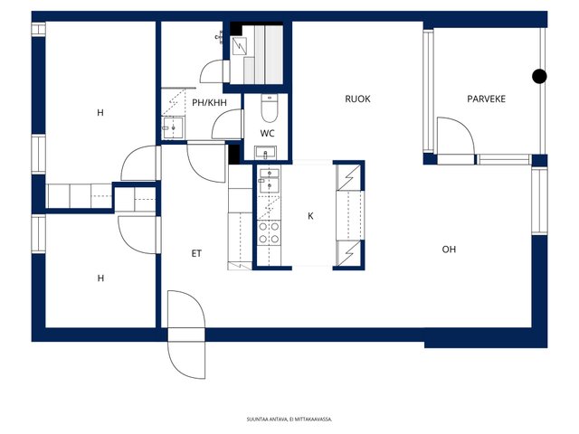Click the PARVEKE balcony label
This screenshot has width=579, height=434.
click(x=486, y=99)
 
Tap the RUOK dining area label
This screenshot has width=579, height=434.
click(x=357, y=99)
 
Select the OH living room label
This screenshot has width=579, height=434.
click(x=449, y=250)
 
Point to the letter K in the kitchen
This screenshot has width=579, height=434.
click(x=310, y=216)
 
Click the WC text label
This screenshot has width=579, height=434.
click(x=267, y=133)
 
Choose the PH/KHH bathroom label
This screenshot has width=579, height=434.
click(x=209, y=102)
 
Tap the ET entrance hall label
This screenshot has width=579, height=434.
click(x=196, y=253)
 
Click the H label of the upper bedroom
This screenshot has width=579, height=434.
click(x=100, y=112)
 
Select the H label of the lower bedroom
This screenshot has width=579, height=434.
click(x=100, y=278)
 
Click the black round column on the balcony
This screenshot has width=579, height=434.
click(x=539, y=76)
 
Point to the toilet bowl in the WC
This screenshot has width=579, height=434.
click(x=269, y=108)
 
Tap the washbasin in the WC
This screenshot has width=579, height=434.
click(x=265, y=153)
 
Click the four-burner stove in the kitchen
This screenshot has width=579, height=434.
click(x=269, y=233)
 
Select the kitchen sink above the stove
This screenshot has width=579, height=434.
click(x=270, y=180)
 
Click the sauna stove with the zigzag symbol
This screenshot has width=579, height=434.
click(x=239, y=46)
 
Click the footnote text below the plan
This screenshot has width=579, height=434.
click(x=289, y=420)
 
